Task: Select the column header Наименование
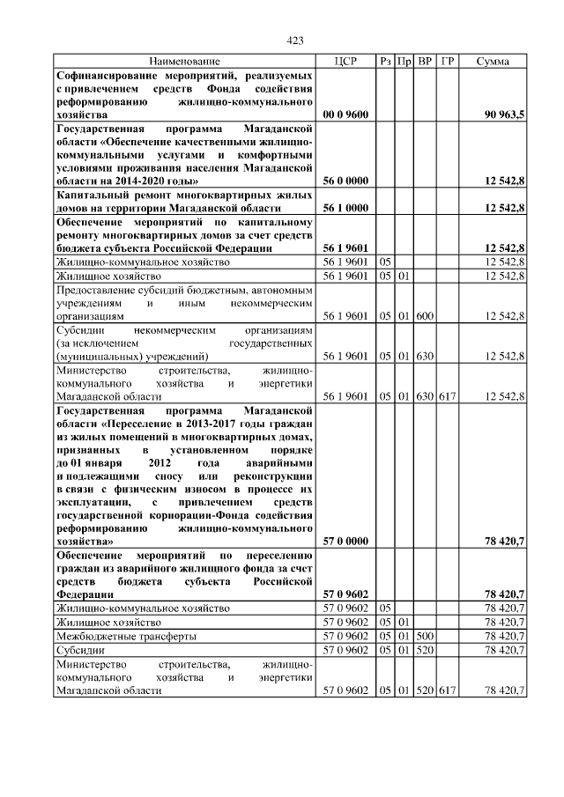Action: pos(184,61)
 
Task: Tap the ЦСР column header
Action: pos(345,61)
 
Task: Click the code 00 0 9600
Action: pos(345,114)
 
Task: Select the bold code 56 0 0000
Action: pos(345,181)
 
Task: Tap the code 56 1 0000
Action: pos(345,208)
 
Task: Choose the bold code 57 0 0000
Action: pos(345,541)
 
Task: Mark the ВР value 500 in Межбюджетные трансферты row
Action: pos(425,636)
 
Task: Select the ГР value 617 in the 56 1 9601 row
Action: pos(447,397)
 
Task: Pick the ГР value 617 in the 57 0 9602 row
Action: pos(447,691)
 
